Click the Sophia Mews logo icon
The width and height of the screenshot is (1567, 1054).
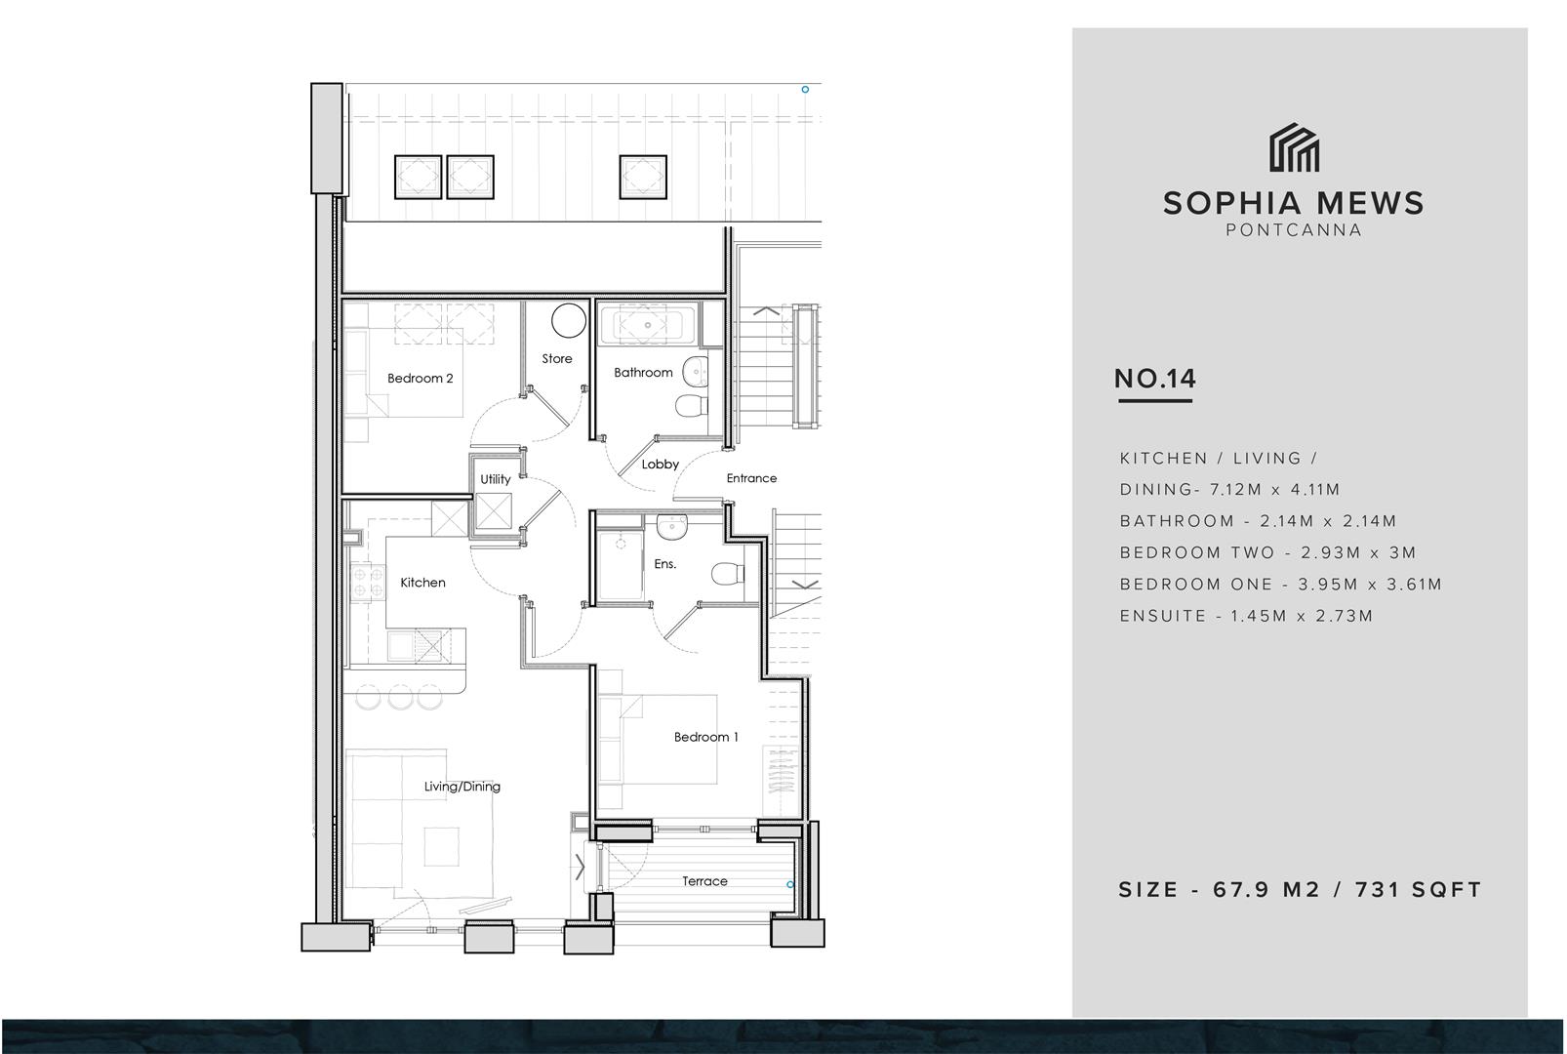point(1294,147)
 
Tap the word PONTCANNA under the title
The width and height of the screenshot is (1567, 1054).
point(1294,230)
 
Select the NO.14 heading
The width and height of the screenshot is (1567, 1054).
point(1155,379)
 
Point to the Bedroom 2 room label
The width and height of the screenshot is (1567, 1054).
point(421,378)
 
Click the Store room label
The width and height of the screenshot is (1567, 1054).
point(557,358)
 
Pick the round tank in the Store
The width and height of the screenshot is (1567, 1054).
point(569,321)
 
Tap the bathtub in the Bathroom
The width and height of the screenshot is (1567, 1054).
point(649,325)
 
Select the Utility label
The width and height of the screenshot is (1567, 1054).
point(496,479)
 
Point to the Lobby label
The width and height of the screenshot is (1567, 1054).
point(661,464)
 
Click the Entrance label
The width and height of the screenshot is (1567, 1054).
point(751,478)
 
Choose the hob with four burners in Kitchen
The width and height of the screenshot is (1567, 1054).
point(368,583)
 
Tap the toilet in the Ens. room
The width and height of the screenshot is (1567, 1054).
point(728,573)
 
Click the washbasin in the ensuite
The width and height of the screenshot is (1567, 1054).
point(672,526)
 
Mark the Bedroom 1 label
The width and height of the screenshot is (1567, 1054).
point(705,737)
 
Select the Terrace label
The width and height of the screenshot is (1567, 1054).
point(705,881)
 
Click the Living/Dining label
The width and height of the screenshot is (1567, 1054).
point(462,787)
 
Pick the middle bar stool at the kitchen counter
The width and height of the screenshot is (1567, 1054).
point(401,697)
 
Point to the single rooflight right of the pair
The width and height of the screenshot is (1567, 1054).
point(643,177)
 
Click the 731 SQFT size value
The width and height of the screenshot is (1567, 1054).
point(1419,889)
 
